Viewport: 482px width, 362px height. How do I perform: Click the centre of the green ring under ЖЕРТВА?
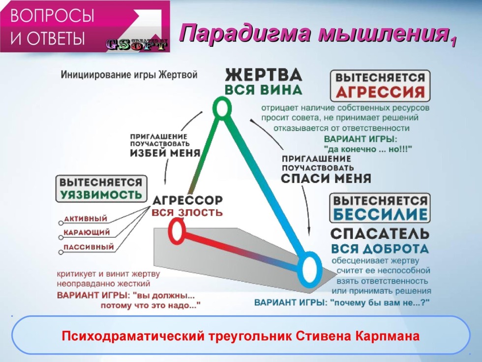point(222,108)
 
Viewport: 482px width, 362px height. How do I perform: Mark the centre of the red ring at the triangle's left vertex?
point(177,231)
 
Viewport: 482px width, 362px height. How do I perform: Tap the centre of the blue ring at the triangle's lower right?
point(310,269)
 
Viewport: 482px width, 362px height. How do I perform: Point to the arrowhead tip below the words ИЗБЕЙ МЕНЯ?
point(165,184)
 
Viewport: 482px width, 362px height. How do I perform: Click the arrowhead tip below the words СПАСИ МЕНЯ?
point(309,232)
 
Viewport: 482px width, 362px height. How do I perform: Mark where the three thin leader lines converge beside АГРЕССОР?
point(151,206)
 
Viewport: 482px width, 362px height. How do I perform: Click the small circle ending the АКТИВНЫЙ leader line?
point(61,223)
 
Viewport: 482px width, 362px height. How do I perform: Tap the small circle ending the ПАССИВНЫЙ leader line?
point(61,252)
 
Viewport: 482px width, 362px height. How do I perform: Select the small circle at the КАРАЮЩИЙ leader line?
point(61,237)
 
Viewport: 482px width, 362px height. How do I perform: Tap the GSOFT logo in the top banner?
point(137,45)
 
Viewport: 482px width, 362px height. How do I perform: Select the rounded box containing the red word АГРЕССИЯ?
point(380,86)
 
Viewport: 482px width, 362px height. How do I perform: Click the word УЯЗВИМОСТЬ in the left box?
point(101,195)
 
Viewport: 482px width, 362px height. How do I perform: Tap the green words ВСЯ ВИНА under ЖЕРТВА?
point(264,90)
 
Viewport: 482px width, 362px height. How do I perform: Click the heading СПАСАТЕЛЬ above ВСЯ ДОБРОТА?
point(380,234)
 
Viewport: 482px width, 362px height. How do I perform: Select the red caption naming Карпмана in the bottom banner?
point(241,336)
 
